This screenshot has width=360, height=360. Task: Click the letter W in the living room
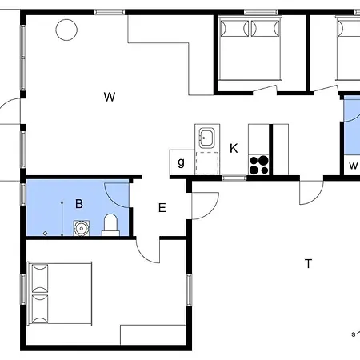tap(110, 97)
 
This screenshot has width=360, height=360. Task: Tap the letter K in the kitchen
tap(234, 148)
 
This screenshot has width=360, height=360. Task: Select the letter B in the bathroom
tap(79, 204)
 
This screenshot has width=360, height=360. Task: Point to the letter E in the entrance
tap(162, 208)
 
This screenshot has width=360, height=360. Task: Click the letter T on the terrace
tap(308, 264)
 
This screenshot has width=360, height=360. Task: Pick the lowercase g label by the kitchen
tap(181, 162)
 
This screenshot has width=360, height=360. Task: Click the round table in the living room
tap(66, 30)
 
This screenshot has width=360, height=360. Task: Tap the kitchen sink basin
tap(206, 138)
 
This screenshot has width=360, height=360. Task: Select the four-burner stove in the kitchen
tap(258, 165)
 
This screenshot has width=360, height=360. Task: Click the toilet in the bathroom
tap(110, 225)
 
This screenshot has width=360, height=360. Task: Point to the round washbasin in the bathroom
tap(81, 228)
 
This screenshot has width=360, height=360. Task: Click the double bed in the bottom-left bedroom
tap(60, 294)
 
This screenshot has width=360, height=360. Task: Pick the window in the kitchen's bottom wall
tap(234, 178)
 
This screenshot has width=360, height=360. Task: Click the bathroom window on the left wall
tap(23, 194)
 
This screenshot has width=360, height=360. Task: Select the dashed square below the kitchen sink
tap(207, 163)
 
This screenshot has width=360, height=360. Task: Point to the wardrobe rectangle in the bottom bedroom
tap(153, 334)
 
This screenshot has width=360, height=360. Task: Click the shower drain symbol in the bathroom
tap(45, 234)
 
